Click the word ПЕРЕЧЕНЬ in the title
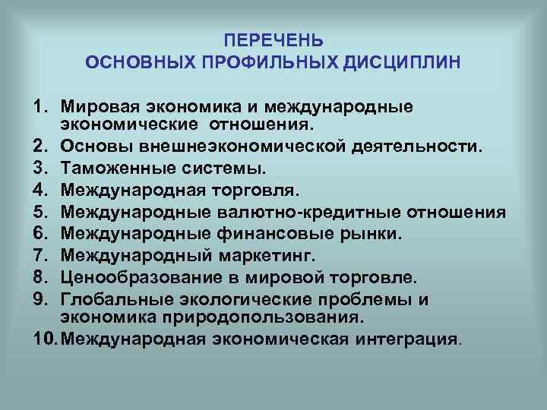coord(274,39)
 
